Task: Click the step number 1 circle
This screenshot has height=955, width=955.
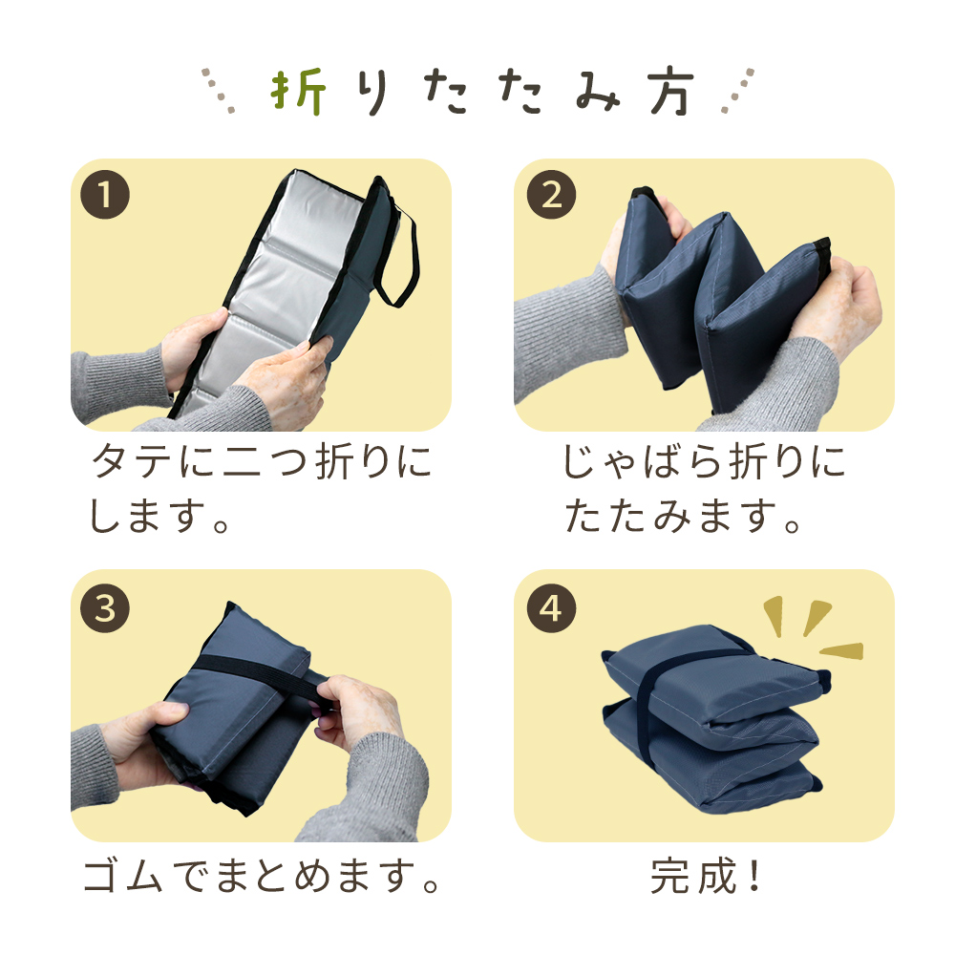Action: (105, 194)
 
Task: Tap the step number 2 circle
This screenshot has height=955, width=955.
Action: (551, 194)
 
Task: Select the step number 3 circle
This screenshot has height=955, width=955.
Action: (105, 607)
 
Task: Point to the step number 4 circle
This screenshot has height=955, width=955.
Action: (551, 607)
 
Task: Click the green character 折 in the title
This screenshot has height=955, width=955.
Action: (298, 92)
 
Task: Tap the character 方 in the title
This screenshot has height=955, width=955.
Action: (671, 92)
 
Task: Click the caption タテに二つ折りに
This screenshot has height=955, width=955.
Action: (262, 461)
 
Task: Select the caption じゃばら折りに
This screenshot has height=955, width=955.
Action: (704, 461)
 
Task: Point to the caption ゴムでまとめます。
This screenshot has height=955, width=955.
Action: (262, 876)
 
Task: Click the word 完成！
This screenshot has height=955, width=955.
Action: (706, 876)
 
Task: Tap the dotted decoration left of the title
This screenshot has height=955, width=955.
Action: (219, 91)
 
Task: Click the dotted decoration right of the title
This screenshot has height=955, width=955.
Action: (737, 91)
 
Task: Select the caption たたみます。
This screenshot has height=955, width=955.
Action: (683, 517)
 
